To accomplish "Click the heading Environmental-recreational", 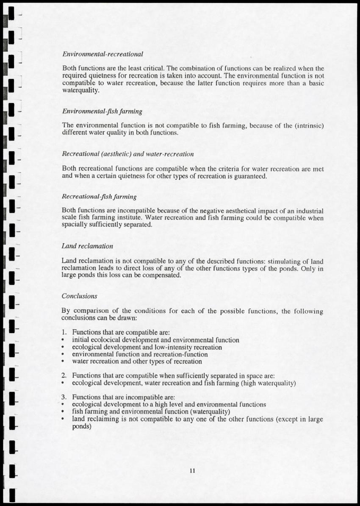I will [102, 54].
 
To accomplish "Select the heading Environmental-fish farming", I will [102, 111].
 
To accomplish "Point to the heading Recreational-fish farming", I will [99, 197].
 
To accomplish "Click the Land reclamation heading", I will [87, 246].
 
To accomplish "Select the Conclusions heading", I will [80, 296].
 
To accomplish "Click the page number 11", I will [192, 471].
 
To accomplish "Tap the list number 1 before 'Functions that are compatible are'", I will [64, 333].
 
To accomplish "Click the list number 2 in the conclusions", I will [64, 376].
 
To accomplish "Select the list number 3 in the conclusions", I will [64, 398].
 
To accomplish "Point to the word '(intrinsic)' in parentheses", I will [306, 125].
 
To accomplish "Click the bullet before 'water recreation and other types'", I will [63, 362].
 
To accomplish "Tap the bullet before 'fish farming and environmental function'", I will [63, 412].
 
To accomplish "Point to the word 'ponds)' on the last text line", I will [82, 426].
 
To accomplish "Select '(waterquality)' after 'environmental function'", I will [209, 412].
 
